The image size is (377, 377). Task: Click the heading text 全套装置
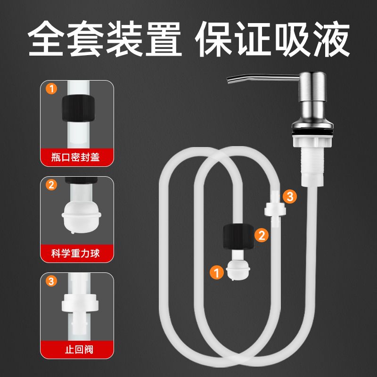tap(104, 39)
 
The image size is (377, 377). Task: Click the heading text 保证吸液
tap(272, 39)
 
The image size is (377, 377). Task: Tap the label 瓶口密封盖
tap(75, 157)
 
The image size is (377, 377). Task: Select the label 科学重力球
tap(75, 254)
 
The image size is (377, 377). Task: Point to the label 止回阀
tap(79, 350)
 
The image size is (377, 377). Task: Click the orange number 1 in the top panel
tap(51, 89)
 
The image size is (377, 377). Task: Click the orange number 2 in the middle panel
tap(51, 185)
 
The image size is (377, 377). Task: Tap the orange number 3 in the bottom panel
tap(51, 281)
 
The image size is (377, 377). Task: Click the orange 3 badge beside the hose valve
tap(290, 197)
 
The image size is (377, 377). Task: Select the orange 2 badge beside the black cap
tap(262, 235)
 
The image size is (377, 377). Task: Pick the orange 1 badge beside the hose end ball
tap(217, 273)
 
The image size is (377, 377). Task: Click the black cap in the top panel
tap(78, 108)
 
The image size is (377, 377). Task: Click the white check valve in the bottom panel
tap(80, 310)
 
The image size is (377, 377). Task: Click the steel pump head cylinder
tap(312, 87)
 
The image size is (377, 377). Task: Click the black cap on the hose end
tap(238, 237)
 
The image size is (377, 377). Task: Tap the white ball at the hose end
tap(238, 270)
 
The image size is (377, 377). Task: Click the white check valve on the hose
tap(275, 209)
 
